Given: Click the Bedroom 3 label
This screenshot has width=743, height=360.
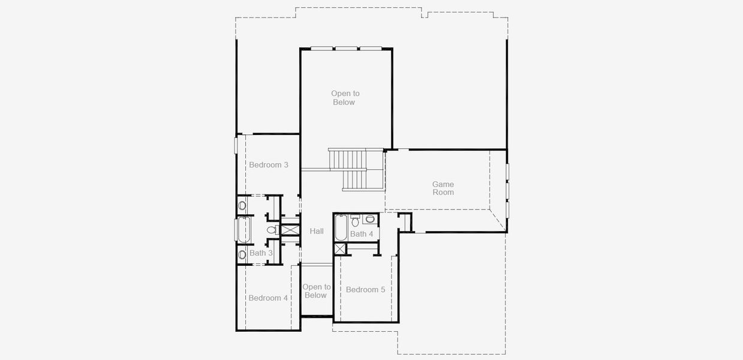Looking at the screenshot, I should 269,165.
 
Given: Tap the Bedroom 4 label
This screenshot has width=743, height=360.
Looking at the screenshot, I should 268,298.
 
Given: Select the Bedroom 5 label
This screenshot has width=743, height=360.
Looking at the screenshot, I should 365,290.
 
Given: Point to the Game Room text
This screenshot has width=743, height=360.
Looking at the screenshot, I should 443,188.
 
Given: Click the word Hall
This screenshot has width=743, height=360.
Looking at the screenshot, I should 317,231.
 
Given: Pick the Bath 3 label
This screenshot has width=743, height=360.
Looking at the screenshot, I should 261,253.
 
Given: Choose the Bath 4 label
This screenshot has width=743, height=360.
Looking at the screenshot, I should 362,234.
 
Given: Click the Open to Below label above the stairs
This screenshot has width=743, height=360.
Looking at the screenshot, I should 345,98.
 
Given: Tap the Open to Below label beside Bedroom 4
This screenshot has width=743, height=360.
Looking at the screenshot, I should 316,291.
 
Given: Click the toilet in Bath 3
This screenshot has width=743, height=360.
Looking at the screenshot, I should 272,230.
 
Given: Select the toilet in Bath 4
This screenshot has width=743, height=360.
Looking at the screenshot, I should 355,222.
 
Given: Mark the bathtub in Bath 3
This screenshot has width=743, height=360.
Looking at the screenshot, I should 242,230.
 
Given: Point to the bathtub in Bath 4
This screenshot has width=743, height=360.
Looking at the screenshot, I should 340,228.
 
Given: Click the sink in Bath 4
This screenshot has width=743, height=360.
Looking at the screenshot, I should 369,219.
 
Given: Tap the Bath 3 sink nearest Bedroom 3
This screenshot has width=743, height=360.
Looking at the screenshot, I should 242,205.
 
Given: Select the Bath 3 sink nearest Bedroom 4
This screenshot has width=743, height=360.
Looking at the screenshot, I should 242,254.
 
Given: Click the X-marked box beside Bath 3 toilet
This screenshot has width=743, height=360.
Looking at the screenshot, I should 290,230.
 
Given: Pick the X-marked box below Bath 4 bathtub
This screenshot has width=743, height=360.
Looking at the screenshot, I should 340,249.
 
